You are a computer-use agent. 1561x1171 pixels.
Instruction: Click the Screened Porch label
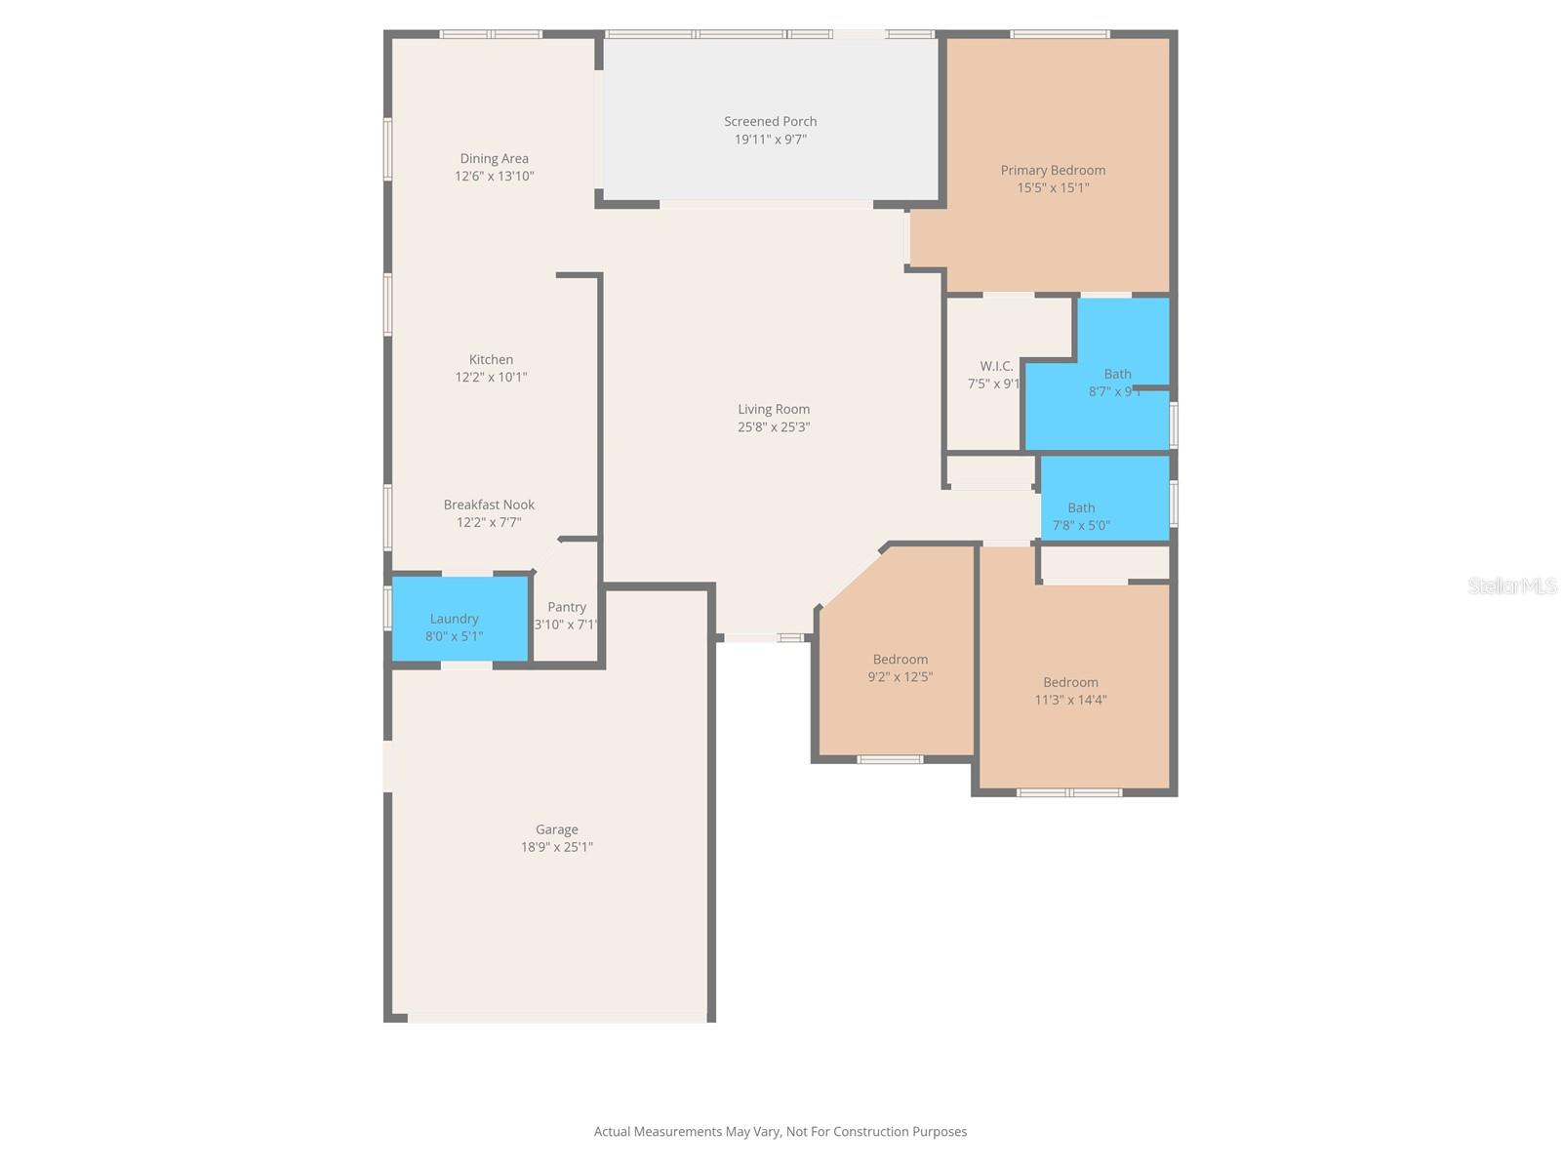click(x=770, y=122)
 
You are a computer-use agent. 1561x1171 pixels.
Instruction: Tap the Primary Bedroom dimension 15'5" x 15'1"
click(x=1053, y=188)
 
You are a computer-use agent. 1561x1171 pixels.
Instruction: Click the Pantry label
click(x=567, y=607)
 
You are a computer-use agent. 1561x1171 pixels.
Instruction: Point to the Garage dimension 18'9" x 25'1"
click(x=556, y=847)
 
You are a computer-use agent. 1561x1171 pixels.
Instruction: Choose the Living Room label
click(x=773, y=410)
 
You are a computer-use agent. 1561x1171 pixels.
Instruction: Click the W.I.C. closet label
click(x=996, y=367)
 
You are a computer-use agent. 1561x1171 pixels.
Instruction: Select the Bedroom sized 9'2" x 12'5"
click(x=900, y=667)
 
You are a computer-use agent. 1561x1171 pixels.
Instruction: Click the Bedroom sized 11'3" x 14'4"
click(x=1070, y=691)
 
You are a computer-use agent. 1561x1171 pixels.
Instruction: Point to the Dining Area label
click(x=494, y=159)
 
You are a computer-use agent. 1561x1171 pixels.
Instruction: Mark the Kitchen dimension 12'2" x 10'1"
click(x=491, y=378)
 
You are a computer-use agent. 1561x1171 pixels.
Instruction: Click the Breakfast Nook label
click(x=489, y=505)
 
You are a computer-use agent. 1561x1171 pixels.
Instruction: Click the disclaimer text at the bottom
click(x=780, y=1132)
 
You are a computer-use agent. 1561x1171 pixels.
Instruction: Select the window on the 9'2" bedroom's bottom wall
click(x=890, y=759)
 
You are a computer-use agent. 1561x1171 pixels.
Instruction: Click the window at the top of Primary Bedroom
click(x=1060, y=34)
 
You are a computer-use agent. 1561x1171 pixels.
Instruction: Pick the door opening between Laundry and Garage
click(x=466, y=666)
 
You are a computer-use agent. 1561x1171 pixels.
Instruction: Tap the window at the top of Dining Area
click(x=491, y=34)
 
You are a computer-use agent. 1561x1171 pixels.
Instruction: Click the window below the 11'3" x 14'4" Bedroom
click(x=1070, y=792)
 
